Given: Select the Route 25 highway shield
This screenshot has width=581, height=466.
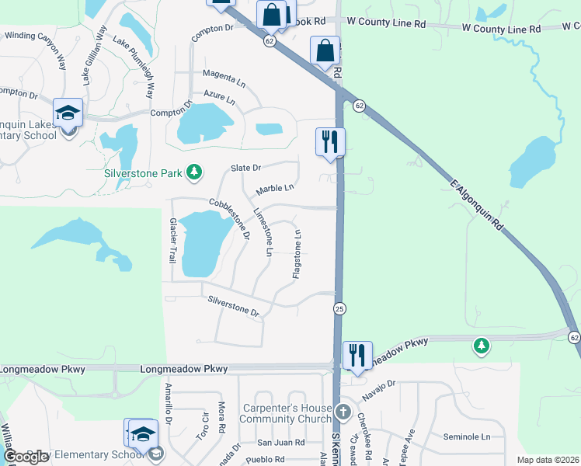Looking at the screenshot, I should tap(339, 309).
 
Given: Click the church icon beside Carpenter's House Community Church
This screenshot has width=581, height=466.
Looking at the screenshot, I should tap(344, 410).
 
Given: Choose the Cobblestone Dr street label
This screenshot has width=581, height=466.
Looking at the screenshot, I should tap(229, 218).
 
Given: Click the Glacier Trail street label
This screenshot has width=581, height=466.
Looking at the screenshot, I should tap(173, 239).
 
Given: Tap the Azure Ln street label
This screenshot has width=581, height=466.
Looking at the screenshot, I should tap(219, 96).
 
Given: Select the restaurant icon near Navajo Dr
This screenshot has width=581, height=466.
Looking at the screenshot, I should tap(357, 356).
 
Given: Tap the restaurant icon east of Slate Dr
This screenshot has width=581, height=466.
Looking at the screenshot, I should tap(330, 142).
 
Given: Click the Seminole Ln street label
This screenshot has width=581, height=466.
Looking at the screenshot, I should tap(467, 437).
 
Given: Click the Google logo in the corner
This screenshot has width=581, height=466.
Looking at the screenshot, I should tap(26, 456).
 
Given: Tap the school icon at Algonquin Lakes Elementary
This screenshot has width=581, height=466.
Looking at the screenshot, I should tap(68, 113).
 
